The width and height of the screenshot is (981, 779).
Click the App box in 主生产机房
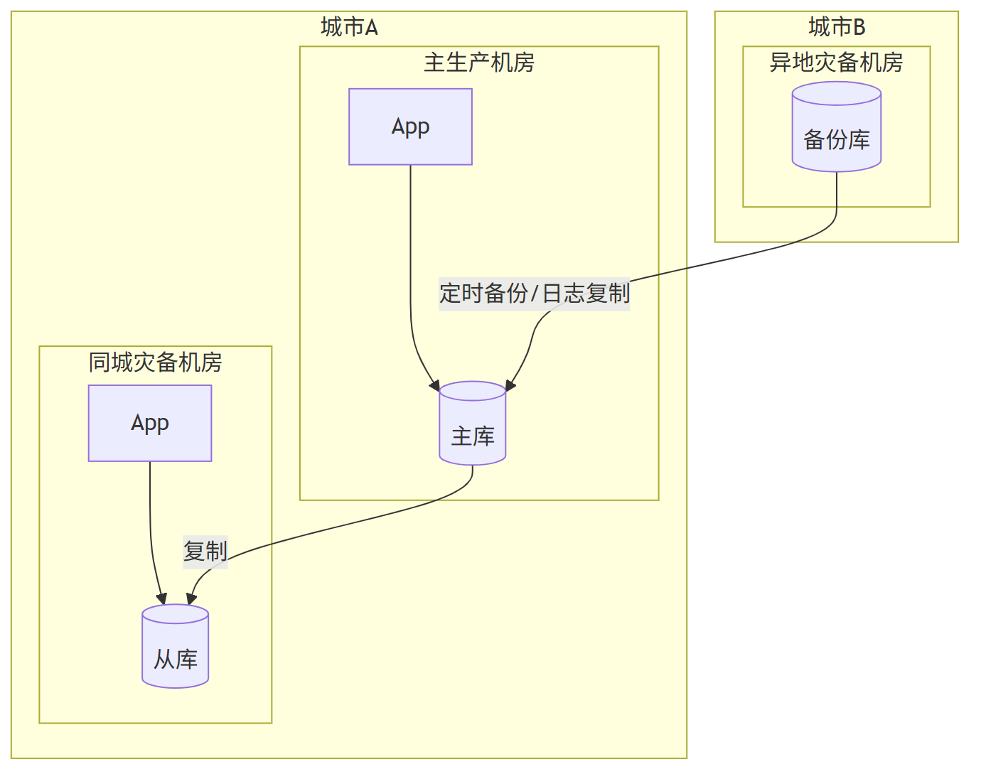point(410,127)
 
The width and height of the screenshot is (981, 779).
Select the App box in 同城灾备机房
point(150,423)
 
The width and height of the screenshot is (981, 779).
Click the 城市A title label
point(349,27)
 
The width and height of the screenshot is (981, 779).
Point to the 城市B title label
point(837,27)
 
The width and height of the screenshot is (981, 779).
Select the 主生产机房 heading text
point(479,63)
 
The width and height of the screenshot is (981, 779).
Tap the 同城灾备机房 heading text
point(155,362)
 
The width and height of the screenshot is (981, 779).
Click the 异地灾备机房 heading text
point(837,63)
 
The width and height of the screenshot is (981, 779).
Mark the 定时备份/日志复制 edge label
point(535,293)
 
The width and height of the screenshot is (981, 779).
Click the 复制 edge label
point(205,551)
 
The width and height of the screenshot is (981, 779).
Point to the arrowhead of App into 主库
point(435,386)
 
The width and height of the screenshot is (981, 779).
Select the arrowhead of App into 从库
point(162,598)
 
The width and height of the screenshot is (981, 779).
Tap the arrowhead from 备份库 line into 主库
point(510,386)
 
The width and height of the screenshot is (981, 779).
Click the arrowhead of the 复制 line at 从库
point(191,599)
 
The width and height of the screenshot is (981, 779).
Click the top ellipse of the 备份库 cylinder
point(837,93)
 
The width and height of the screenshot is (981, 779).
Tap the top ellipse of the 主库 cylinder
point(473,391)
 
